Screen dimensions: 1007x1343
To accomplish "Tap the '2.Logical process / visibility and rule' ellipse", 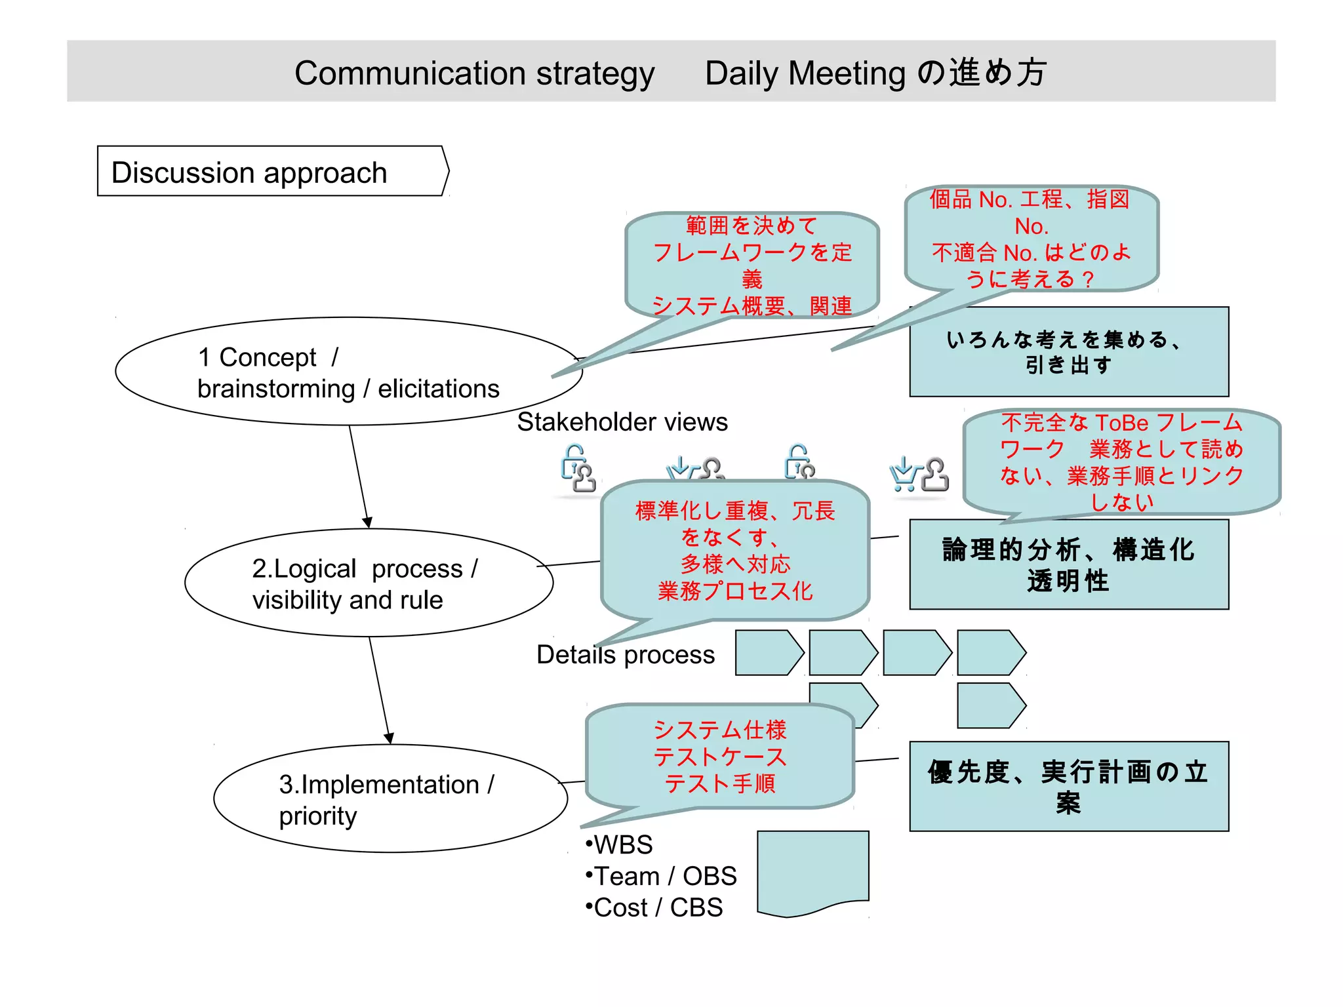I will click(369, 583).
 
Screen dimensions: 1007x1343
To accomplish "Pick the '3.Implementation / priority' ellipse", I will click(390, 799).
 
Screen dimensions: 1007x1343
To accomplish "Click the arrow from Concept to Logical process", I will click(359, 475).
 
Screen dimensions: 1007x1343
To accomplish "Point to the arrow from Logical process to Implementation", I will click(380, 690).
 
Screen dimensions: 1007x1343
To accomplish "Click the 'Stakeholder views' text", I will click(622, 422).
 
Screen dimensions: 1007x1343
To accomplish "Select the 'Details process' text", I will click(625, 655).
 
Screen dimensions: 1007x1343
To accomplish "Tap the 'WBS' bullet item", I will click(619, 845).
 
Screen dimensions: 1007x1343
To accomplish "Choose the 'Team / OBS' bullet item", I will click(661, 877).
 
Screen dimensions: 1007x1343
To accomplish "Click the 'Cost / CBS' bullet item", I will click(654, 908).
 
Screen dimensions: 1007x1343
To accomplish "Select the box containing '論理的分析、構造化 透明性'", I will click(1068, 565).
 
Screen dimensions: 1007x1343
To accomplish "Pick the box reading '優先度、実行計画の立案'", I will click(1068, 787).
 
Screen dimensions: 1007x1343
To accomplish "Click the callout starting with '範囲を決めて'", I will click(752, 265).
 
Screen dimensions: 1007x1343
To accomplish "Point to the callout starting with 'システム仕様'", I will click(719, 757).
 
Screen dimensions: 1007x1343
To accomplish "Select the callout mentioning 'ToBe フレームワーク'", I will click(1121, 462).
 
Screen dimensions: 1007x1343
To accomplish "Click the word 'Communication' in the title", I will click(410, 73).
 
